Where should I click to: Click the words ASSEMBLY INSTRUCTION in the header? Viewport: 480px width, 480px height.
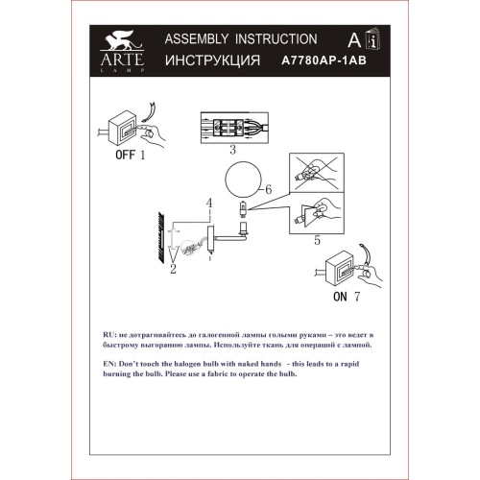click(x=240, y=39)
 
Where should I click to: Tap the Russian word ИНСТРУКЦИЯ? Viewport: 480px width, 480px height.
click(x=213, y=60)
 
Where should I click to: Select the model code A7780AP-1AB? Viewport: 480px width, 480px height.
click(x=324, y=60)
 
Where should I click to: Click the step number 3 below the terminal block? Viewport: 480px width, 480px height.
click(x=232, y=151)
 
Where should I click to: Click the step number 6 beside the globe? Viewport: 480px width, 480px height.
click(x=270, y=190)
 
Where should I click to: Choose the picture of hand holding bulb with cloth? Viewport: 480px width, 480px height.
click(x=321, y=212)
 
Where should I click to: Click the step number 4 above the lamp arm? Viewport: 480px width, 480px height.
click(x=208, y=203)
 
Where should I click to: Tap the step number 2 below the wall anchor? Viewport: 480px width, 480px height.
click(x=174, y=270)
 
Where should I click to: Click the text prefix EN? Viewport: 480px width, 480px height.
click(x=107, y=364)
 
